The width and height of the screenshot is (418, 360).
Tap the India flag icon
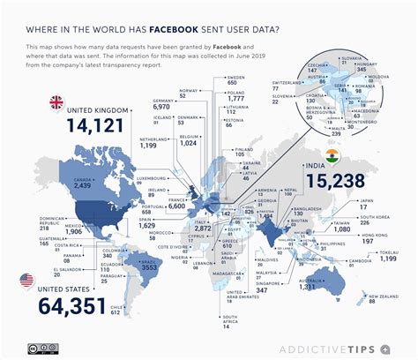point(332,156)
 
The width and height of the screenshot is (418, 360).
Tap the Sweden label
point(236,79)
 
